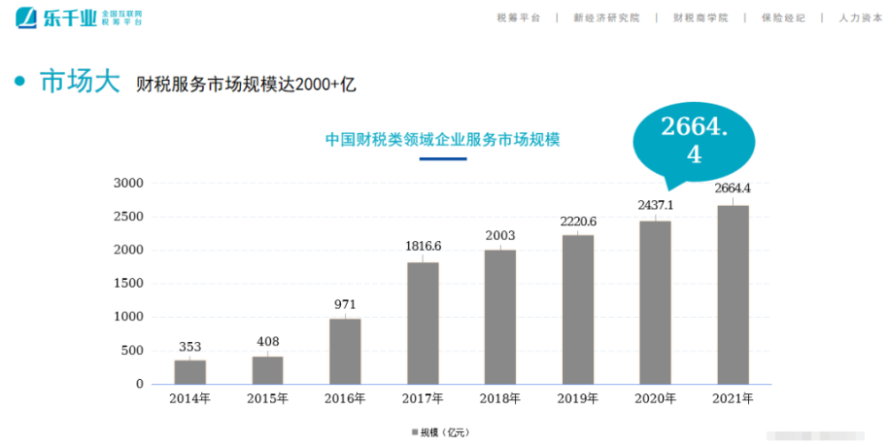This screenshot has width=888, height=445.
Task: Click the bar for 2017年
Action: [x=423, y=323]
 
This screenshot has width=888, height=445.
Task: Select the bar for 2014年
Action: [x=190, y=371]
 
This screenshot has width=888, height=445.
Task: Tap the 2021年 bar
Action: [x=733, y=293]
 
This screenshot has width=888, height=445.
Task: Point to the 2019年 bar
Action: [x=577, y=309]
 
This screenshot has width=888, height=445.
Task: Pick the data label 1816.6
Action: [x=423, y=246]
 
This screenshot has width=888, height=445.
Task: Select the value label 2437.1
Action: [x=656, y=205]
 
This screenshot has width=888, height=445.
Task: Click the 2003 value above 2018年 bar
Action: [x=500, y=235]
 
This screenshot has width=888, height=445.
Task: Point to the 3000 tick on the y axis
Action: [x=128, y=183]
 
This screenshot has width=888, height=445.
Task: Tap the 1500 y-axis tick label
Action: [x=128, y=284]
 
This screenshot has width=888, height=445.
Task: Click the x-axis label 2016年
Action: [x=345, y=398]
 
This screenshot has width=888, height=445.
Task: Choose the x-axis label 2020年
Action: [x=656, y=398]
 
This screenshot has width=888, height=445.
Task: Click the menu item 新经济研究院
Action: [x=606, y=17]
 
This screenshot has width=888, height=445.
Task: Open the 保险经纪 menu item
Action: [x=783, y=17]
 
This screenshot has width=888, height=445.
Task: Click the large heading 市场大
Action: [x=80, y=82]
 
